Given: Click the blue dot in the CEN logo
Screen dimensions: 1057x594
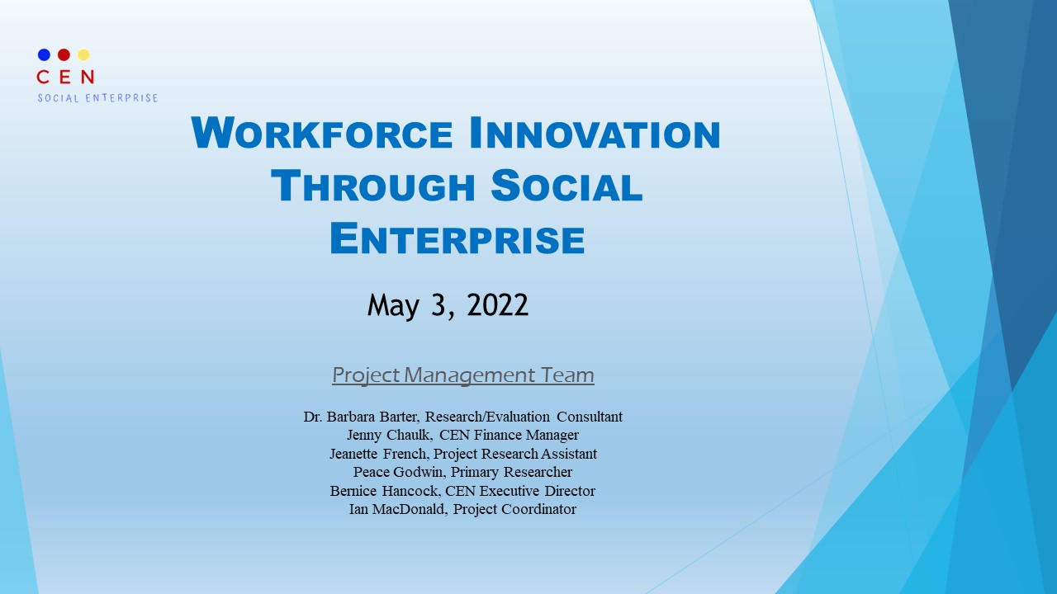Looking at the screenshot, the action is click(x=44, y=54).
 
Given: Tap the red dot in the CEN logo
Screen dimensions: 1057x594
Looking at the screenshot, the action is click(x=64, y=54).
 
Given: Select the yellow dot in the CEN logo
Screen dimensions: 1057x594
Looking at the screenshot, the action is click(x=83, y=54).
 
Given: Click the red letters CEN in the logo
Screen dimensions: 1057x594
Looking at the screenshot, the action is click(x=65, y=77).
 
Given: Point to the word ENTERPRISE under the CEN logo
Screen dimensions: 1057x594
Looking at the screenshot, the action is click(x=121, y=98).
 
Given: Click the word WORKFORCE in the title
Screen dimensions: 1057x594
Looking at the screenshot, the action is click(x=322, y=133).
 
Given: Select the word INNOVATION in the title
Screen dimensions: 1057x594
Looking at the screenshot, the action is click(x=595, y=133).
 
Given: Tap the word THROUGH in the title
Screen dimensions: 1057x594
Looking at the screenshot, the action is click(x=372, y=186).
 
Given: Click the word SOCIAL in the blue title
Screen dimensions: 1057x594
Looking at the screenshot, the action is click(x=566, y=186).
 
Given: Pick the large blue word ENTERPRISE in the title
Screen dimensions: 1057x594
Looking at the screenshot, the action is click(x=457, y=239).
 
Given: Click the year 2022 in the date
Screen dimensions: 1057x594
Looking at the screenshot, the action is click(x=497, y=305).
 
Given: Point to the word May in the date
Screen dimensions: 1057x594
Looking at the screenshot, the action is click(x=393, y=306).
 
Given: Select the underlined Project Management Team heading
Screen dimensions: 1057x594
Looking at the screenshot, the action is click(x=463, y=375).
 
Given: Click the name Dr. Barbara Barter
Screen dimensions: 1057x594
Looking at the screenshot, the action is click(x=361, y=417).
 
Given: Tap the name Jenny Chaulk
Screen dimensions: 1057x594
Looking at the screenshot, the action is click(x=389, y=435).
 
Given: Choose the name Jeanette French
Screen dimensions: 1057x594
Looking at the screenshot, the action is click(x=378, y=454).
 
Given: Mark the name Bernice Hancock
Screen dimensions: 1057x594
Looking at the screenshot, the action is click(x=384, y=491).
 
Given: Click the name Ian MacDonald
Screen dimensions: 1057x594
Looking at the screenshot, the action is click(x=397, y=509).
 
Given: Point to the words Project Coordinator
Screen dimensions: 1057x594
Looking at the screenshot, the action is click(x=514, y=510).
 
